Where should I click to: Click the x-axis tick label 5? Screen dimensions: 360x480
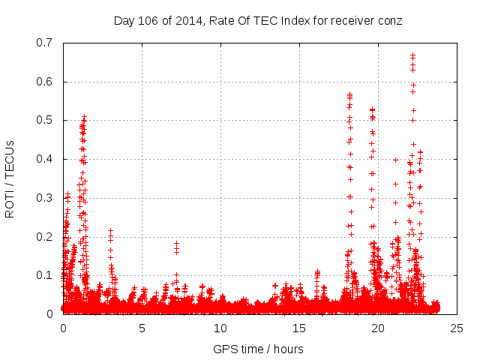tap(142, 328)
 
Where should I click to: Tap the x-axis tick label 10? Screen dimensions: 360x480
tap(220, 328)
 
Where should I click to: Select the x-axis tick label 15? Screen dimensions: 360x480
tap(299, 328)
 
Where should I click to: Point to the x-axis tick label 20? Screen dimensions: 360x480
tap(378, 328)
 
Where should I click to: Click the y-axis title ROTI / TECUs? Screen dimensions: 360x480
tap(10, 178)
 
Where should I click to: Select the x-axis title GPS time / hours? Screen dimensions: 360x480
tap(259, 349)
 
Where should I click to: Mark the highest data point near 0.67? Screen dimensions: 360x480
tap(412, 55)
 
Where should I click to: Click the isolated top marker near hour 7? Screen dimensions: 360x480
tap(176, 243)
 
